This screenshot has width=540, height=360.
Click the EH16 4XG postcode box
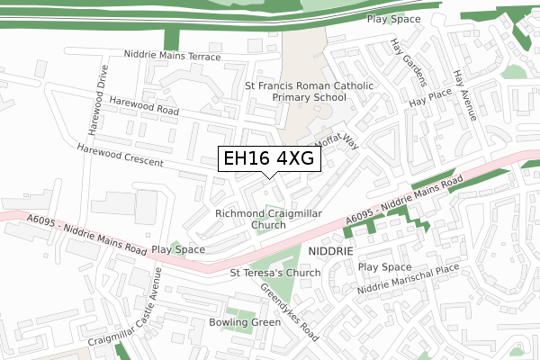tap(267, 159)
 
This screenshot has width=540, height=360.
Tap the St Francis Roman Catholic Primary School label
tap(295, 91)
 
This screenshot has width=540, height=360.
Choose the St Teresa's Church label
tap(275, 273)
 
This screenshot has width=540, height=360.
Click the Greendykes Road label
tap(289, 312)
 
